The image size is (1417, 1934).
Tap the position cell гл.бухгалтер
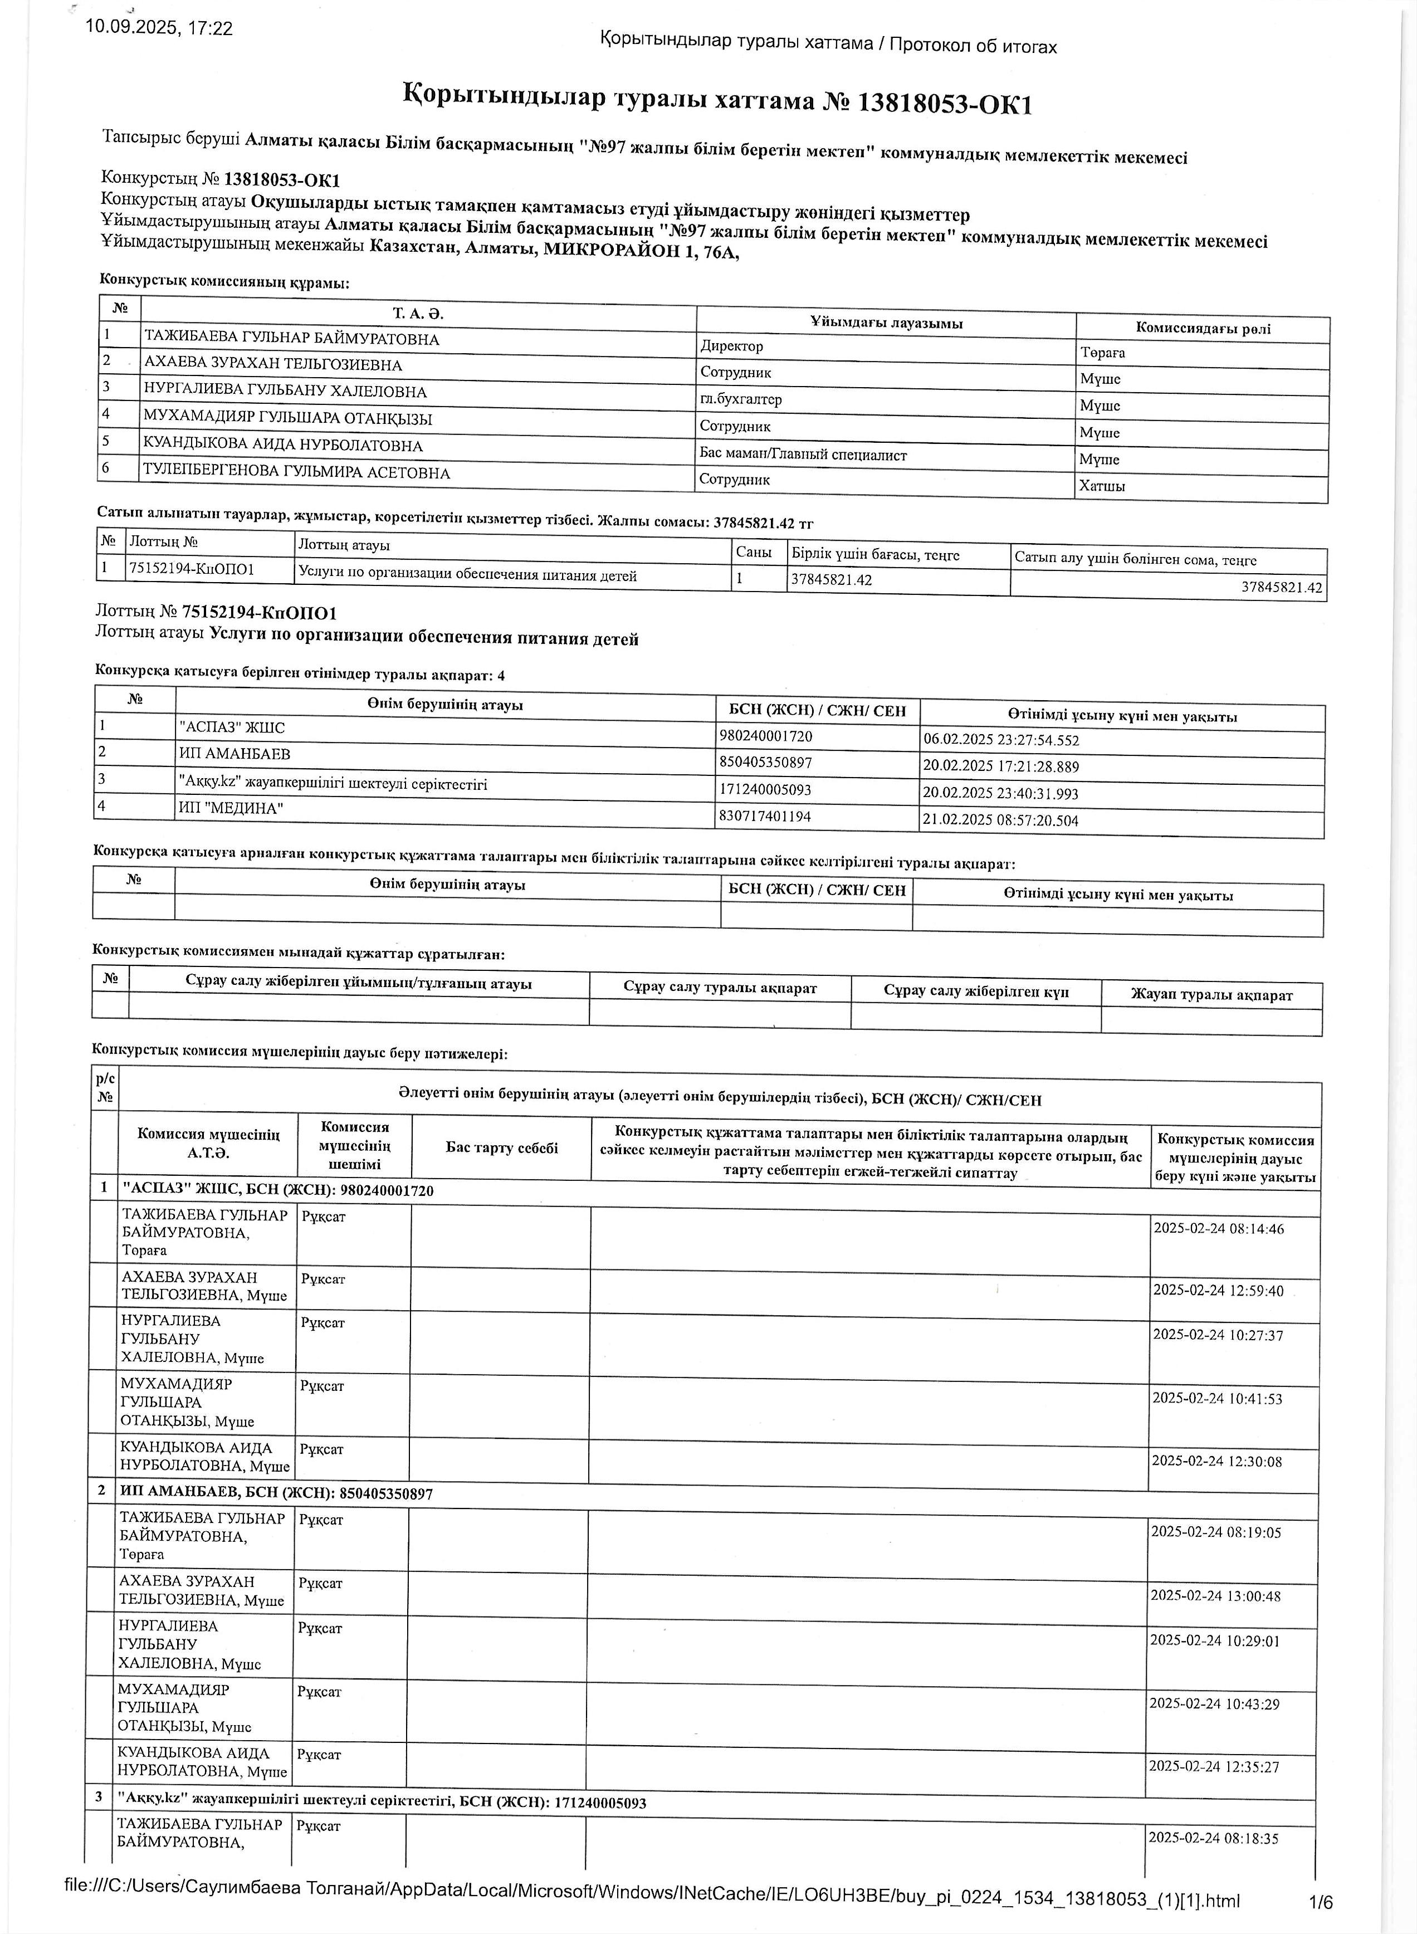(741, 399)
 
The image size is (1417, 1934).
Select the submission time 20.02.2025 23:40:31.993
(1000, 793)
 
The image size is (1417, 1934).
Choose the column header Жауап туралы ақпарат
(1211, 995)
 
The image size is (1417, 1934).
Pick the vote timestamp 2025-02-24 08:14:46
(1218, 1228)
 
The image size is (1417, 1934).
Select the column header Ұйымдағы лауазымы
(886, 323)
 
